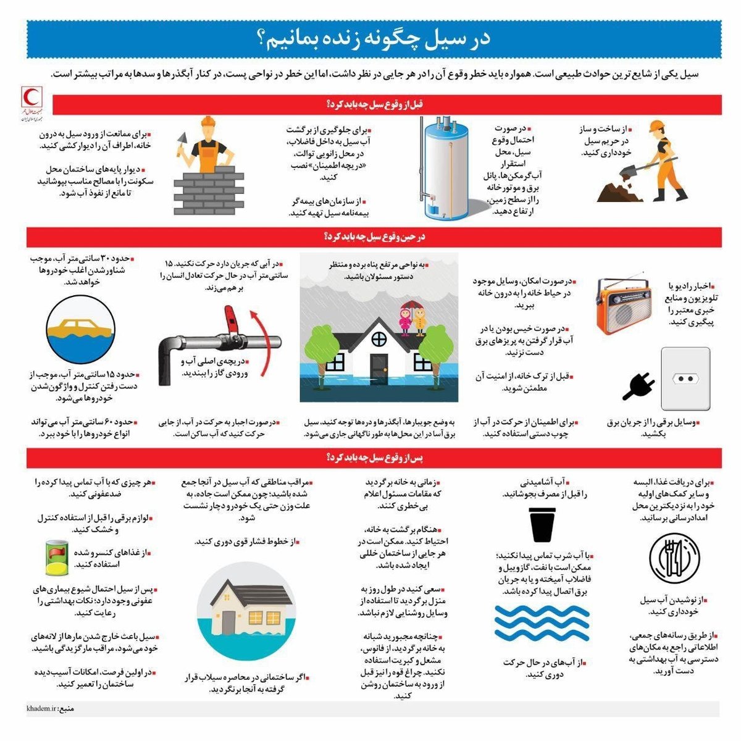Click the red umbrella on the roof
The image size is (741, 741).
coord(409,304)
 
